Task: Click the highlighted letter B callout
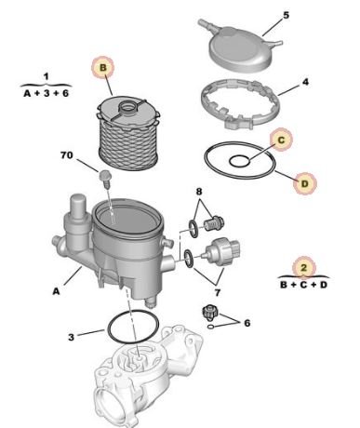tap(103, 68)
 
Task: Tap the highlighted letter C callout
tap(281, 140)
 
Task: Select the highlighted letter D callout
tap(305, 183)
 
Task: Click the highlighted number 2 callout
tap(304, 267)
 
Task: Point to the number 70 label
tap(67, 155)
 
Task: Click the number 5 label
tap(286, 15)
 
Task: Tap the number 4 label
tap(306, 82)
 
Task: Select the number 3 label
tap(72, 337)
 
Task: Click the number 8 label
tap(199, 192)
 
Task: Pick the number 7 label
tap(218, 292)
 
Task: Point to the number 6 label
tap(247, 323)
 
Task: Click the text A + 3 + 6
tap(47, 93)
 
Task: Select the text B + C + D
tap(303, 285)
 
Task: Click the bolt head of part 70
tap(103, 176)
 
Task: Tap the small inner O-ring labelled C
tap(240, 161)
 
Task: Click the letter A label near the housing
tap(56, 291)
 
